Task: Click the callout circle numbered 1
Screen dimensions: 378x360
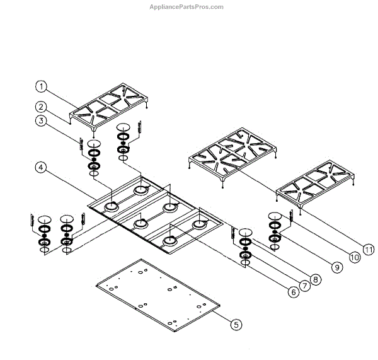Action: click(x=41, y=86)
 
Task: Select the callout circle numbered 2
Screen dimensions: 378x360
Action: click(x=41, y=107)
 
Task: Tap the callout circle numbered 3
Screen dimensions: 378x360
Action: click(x=41, y=120)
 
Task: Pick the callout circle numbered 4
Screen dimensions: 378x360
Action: click(x=41, y=167)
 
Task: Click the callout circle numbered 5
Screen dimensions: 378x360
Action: click(x=236, y=325)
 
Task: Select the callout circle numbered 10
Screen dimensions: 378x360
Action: click(x=354, y=257)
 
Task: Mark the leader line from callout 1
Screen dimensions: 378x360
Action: click(x=63, y=96)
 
